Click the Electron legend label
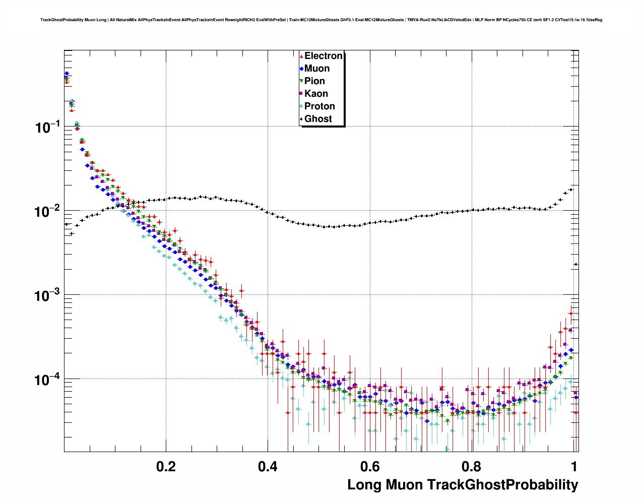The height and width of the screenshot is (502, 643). pos(324,56)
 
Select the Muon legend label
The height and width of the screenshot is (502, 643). pos(317,69)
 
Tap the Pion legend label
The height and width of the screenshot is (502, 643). pos(314,81)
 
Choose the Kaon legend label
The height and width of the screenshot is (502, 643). pos(316,94)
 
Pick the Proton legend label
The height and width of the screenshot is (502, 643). pos(319,106)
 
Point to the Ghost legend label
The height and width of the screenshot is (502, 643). pos(318,119)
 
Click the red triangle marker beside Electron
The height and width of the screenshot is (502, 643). pos(301,56)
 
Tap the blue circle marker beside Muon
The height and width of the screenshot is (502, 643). pos(301,69)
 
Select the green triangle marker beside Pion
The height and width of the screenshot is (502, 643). pos(301,81)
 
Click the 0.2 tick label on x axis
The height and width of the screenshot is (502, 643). pos(166,467)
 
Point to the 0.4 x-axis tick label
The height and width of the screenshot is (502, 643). pos(268,467)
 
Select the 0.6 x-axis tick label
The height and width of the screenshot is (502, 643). pos(370,467)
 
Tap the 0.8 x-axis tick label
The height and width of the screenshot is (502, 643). pos(472,467)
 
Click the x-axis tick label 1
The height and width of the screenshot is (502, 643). pos(574,467)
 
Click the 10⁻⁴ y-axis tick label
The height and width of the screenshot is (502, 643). pos(47,379)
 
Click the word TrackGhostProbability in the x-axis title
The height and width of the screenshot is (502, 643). pos(502,485)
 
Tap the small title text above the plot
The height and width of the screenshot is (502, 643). pos(321,20)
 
